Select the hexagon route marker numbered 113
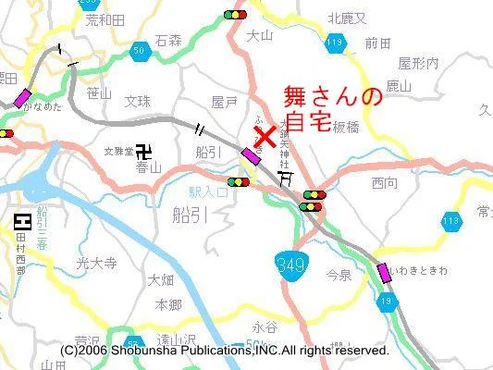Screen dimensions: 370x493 click(451, 220)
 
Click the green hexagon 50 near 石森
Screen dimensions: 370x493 click(140, 50)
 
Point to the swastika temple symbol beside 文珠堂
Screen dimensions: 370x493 click(142, 149)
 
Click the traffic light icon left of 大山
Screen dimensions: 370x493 click(235, 15)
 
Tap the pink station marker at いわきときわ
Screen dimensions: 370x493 click(384, 273)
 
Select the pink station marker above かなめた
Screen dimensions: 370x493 click(22, 97)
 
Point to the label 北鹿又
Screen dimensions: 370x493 click(348, 18)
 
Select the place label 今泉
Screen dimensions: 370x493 click(339, 275)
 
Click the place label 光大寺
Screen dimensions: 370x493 click(97, 264)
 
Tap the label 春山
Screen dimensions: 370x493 click(148, 167)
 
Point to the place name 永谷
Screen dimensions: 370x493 click(265, 327)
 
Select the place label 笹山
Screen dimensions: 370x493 click(98, 92)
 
